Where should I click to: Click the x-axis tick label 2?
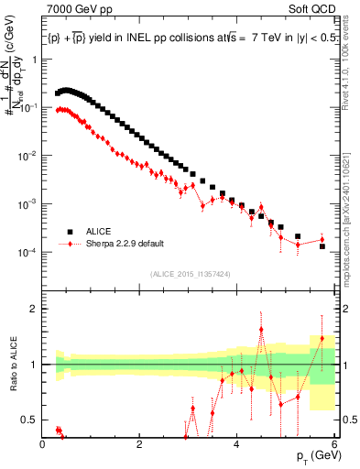(x=140, y=444)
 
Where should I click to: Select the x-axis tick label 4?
(x=237, y=444)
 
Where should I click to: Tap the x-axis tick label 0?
(x=43, y=444)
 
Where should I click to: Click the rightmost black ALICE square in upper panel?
(x=322, y=246)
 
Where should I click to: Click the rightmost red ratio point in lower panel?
(x=322, y=338)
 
